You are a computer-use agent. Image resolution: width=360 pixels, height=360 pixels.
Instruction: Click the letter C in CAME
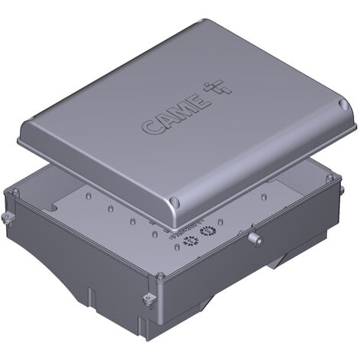(x=149, y=126)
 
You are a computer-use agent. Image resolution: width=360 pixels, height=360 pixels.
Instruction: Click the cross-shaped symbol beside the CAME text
(x=218, y=88)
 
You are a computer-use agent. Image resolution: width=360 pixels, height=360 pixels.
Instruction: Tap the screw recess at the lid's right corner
(x=343, y=105)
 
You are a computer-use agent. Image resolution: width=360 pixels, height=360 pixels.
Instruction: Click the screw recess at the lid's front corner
(x=175, y=202)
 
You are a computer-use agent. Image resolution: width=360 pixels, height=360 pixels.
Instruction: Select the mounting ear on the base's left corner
(x=7, y=218)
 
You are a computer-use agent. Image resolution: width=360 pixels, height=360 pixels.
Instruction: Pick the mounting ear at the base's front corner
(x=149, y=299)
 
